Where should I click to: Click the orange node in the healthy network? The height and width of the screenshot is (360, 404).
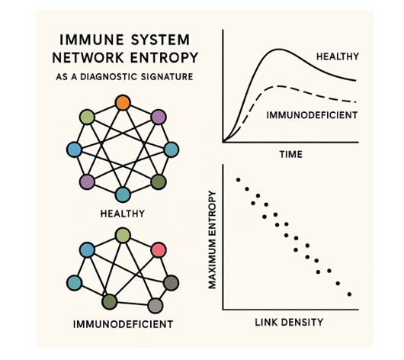(x=123, y=103)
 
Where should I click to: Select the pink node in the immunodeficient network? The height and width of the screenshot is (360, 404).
(x=159, y=250)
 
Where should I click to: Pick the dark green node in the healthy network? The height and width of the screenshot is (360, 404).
(x=159, y=182)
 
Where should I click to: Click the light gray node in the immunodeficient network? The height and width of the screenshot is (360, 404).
(x=156, y=306)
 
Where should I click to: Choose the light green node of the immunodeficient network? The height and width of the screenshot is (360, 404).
(x=123, y=235)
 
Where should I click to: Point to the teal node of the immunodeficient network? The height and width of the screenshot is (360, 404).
(x=75, y=283)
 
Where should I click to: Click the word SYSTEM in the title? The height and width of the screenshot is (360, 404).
(x=160, y=40)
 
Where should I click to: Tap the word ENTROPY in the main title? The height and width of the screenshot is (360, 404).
(x=164, y=57)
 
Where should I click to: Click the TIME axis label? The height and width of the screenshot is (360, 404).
(x=291, y=155)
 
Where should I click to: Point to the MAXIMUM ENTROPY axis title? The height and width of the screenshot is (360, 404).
(x=212, y=239)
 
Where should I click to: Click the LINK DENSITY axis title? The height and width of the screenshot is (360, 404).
(x=289, y=322)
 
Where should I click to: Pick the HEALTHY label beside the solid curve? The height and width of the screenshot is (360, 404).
(x=338, y=56)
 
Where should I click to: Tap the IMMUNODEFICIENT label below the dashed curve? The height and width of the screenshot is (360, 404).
(x=312, y=115)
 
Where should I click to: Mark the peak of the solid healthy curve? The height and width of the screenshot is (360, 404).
(x=278, y=49)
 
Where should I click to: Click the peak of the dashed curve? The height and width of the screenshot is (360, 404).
(x=277, y=86)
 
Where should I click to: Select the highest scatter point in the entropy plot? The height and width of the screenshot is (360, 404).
(x=238, y=180)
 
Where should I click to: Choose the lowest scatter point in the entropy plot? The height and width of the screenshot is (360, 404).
(x=349, y=294)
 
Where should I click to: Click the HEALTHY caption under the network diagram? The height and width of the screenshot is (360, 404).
(x=123, y=214)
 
